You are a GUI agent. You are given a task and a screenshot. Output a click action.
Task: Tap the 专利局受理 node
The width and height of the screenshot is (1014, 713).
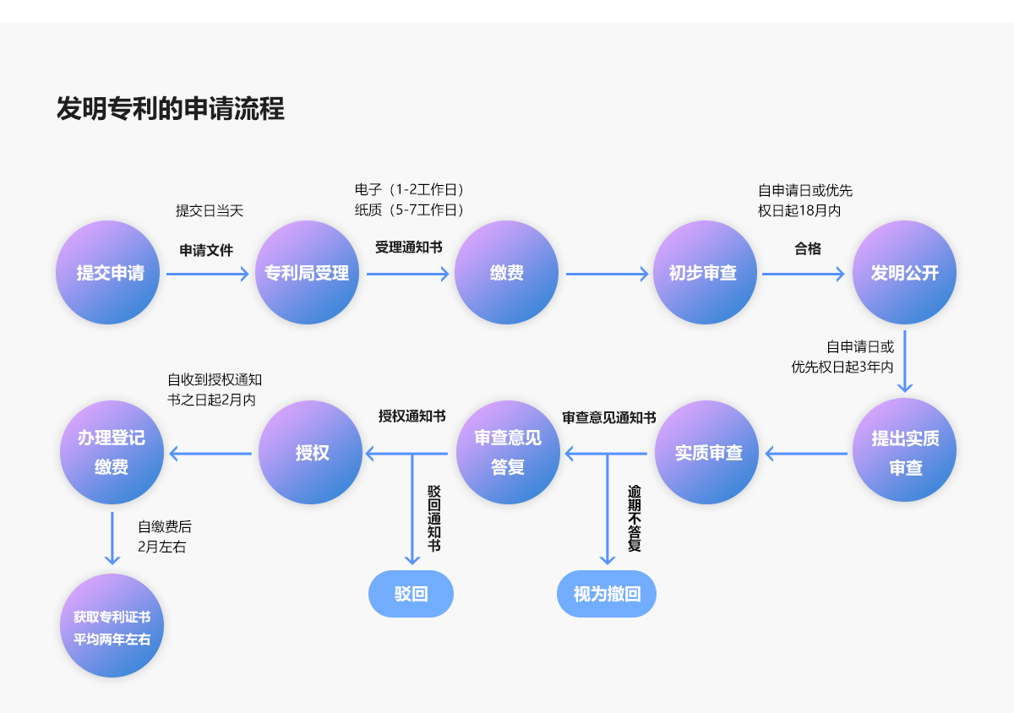tap(307, 273)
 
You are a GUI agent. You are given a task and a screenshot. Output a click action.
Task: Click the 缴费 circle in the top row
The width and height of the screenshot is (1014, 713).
tap(506, 273)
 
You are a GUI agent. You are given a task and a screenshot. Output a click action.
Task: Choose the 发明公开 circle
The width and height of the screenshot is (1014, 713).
tap(904, 273)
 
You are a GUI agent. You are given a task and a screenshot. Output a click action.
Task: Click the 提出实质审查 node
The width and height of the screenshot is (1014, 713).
tap(905, 453)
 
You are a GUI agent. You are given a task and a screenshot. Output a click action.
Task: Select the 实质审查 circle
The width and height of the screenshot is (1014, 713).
tap(708, 453)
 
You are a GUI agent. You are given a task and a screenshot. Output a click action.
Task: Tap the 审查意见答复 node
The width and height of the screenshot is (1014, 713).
tap(508, 453)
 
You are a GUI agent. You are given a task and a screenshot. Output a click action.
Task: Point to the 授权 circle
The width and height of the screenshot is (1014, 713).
tap(311, 453)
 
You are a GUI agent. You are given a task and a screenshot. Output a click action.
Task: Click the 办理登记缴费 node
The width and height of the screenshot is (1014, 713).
tap(112, 453)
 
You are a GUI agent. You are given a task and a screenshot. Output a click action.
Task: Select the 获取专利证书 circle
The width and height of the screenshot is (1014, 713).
tap(112, 626)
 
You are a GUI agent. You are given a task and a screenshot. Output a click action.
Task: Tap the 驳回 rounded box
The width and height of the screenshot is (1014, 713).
tap(411, 594)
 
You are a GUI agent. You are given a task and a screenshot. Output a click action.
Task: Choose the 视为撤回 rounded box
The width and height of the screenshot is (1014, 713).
tap(607, 594)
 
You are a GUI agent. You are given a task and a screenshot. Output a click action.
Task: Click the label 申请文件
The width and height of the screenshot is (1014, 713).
tap(206, 251)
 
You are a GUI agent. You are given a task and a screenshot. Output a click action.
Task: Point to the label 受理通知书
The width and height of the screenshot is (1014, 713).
tap(409, 248)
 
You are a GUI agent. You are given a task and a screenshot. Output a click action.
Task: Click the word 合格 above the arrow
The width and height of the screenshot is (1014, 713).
tap(807, 248)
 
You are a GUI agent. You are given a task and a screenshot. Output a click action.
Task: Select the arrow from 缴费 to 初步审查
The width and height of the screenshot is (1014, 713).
tap(606, 274)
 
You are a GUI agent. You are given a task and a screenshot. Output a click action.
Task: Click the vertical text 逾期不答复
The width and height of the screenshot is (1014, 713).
tap(634, 519)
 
